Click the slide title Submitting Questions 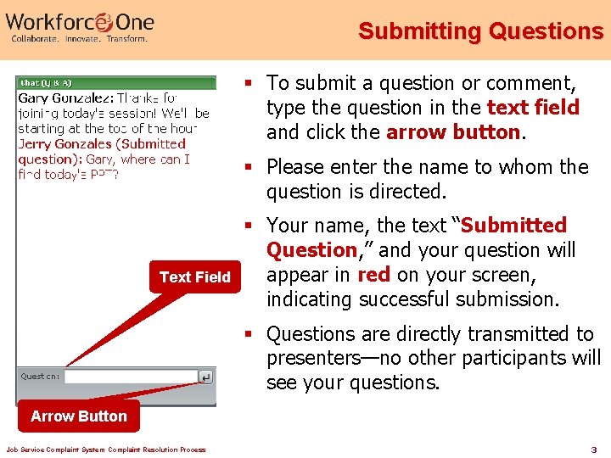point(480,31)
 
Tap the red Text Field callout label point(195,277)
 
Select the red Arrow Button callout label point(78,416)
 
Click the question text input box point(130,376)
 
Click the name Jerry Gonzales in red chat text point(64,144)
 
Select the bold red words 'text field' point(533,108)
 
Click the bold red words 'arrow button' point(453,132)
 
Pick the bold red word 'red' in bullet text point(373,275)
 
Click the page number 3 point(594,449)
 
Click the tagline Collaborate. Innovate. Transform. point(79,39)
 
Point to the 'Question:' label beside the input point(40,377)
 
